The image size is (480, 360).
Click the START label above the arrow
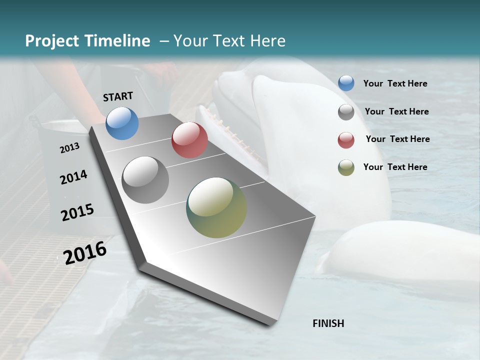[x=118, y=96]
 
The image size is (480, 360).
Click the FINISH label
[x=328, y=323]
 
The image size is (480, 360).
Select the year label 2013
[x=70, y=148]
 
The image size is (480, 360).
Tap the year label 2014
[x=73, y=177]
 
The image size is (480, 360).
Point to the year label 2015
[x=77, y=212]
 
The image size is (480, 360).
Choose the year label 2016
[x=85, y=253]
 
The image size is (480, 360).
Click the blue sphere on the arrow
[x=122, y=123]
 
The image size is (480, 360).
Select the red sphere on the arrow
[x=189, y=140]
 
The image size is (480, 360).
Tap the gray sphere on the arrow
[x=145, y=180]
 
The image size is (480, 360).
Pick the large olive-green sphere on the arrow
[x=216, y=207]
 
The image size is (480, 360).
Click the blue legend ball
[x=346, y=83]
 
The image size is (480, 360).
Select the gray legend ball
[x=346, y=111]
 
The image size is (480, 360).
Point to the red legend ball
[x=346, y=139]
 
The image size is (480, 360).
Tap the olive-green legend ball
[x=346, y=167]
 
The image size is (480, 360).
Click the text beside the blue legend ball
[x=395, y=83]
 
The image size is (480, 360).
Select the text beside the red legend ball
[x=397, y=139]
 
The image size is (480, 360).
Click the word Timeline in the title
[x=118, y=41]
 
